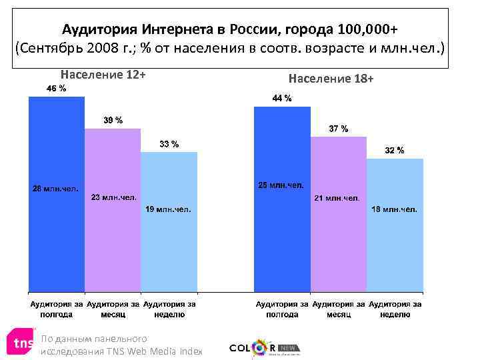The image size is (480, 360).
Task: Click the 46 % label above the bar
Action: coord(56,89)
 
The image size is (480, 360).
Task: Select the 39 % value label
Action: coord(113,121)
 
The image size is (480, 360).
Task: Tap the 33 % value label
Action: coord(169,144)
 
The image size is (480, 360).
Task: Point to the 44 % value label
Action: coord(282,99)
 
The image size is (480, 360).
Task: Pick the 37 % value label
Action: coord(338,129)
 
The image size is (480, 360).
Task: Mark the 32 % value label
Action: coord(395,151)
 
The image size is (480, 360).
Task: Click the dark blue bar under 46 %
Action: coord(56,240)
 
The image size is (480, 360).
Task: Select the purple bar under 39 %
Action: coord(113,247)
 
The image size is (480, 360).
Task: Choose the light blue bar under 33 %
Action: coord(169,253)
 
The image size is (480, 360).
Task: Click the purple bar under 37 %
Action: coord(339,247)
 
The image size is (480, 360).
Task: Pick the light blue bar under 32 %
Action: coord(395,253)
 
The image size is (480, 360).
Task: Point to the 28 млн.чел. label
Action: coord(56,189)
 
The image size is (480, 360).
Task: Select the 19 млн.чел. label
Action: coord(169,209)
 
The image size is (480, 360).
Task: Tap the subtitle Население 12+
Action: coord(103,74)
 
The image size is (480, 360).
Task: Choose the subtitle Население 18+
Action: coord(331,79)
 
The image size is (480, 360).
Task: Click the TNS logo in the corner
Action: coord(20,343)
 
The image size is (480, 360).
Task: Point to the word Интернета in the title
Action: coord(181,30)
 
